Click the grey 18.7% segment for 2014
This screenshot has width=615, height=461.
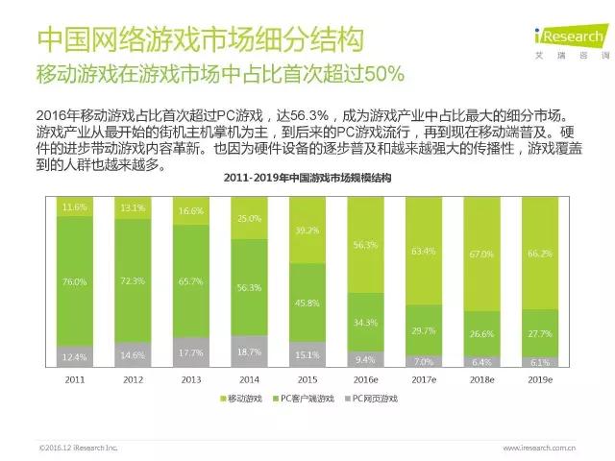[x=250, y=353]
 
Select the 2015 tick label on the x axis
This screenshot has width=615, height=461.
[x=307, y=380]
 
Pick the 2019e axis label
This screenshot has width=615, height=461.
[x=541, y=380]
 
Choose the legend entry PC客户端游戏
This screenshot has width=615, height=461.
[x=307, y=398]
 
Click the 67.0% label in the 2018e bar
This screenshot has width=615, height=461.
[x=482, y=255]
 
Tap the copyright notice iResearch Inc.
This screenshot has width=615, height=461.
[x=77, y=448]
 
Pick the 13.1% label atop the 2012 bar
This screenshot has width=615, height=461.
[x=134, y=207]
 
